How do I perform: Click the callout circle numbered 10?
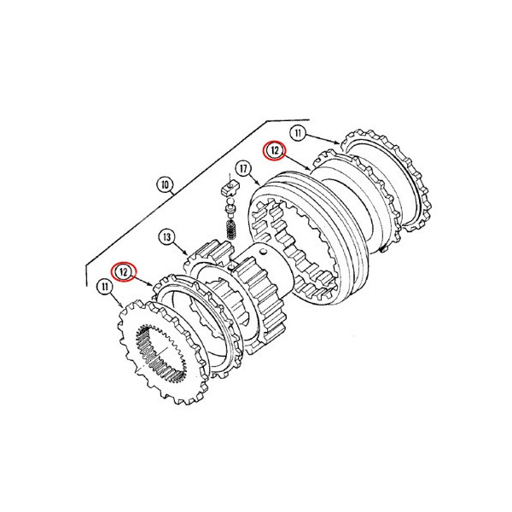[166, 185]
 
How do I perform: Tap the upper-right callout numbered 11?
[298, 133]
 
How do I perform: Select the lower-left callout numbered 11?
[104, 287]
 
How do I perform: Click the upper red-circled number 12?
[275, 151]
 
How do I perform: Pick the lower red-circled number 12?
[123, 271]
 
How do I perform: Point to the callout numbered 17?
[243, 168]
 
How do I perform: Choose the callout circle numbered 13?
[167, 236]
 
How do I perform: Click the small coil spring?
[231, 230]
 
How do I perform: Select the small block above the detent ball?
[230, 189]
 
